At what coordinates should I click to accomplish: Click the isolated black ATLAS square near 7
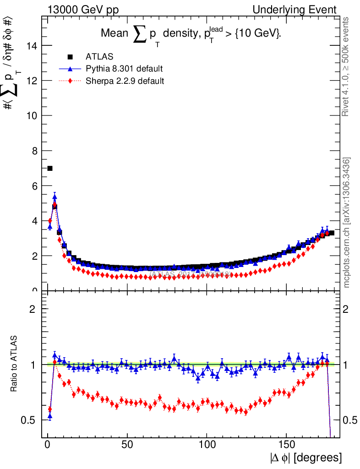[50, 169]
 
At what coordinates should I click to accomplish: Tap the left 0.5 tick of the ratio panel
[32, 420]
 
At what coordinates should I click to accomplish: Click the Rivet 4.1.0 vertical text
[346, 66]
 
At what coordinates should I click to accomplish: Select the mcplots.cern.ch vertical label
[347, 222]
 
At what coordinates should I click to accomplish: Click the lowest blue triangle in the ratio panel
[50, 416]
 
